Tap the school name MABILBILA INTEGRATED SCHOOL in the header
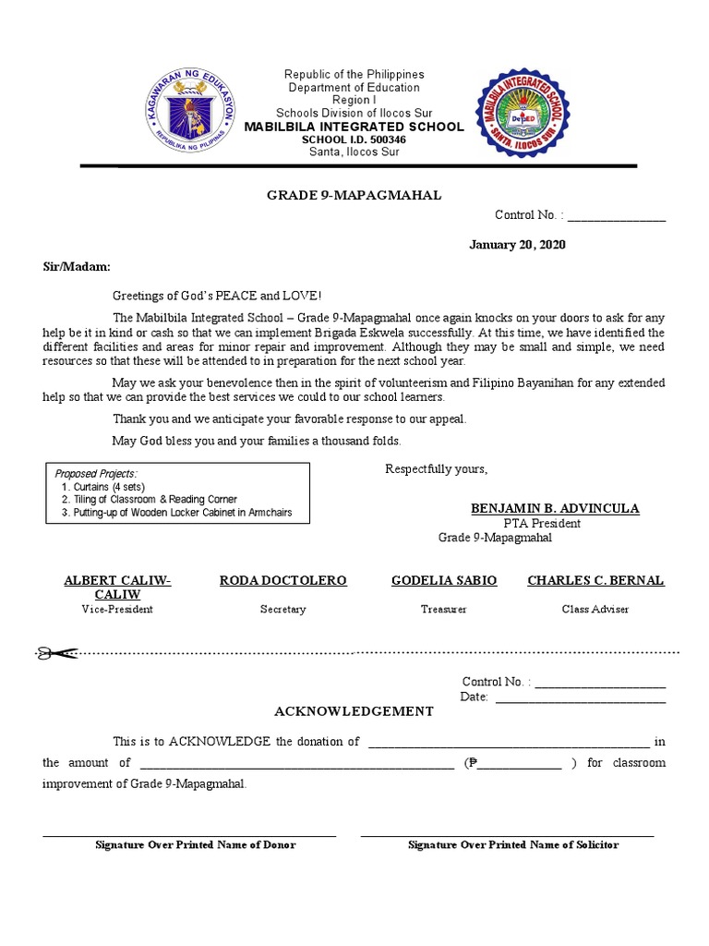point(354,127)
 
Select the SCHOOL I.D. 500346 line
point(354,139)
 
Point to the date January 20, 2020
point(517,245)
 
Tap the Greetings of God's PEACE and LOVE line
point(217,296)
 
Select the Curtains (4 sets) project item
point(103,487)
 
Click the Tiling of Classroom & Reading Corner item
point(150,500)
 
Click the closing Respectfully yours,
point(436,469)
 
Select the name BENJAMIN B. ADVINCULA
point(554,509)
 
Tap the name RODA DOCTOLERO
point(282,580)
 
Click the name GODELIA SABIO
point(444,580)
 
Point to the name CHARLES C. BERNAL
point(595,580)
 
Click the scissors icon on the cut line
point(56,653)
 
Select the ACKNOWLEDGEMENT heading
point(354,711)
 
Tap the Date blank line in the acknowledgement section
point(580,697)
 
